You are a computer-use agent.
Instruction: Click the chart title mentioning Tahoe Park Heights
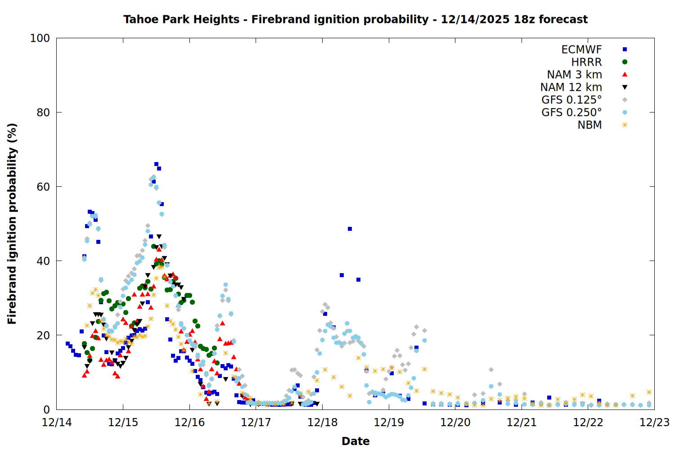[355, 19]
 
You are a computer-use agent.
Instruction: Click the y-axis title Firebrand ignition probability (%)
[12, 224]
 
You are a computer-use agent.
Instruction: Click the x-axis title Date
[355, 441]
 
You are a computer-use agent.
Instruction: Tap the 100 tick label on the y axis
[40, 38]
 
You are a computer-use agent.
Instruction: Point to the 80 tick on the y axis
[43, 112]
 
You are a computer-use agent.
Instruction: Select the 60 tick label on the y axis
[43, 187]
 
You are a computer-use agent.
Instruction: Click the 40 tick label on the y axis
[43, 261]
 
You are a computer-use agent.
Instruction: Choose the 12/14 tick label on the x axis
[57, 423]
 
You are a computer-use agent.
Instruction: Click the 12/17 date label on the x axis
[256, 423]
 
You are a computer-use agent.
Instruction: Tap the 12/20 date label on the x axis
[455, 423]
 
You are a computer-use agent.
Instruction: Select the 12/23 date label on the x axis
[654, 423]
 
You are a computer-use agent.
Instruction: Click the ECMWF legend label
[581, 49]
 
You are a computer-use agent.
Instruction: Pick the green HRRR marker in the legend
[625, 62]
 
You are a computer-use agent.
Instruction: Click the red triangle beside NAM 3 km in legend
[625, 74]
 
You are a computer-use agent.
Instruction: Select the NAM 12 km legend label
[571, 87]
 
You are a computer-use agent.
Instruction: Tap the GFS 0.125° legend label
[571, 100]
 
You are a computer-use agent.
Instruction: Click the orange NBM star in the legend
[625, 125]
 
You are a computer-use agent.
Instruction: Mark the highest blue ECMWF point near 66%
[156, 164]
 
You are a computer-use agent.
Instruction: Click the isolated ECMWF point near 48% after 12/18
[350, 229]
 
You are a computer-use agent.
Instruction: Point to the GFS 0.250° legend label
[571, 112]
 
